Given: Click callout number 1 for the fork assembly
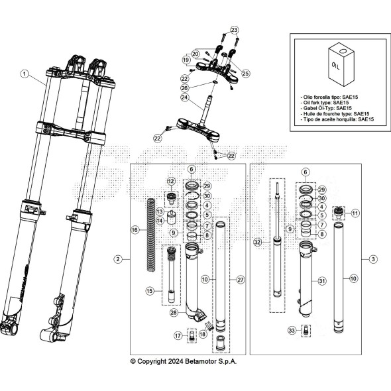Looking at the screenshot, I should (x=25, y=74).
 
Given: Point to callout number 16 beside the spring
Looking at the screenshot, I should (x=135, y=229).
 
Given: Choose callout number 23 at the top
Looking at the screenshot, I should (x=233, y=30).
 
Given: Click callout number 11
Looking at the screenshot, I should (x=356, y=213).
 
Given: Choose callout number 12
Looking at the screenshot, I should (x=170, y=181).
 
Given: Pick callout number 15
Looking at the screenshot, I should (x=150, y=290).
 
